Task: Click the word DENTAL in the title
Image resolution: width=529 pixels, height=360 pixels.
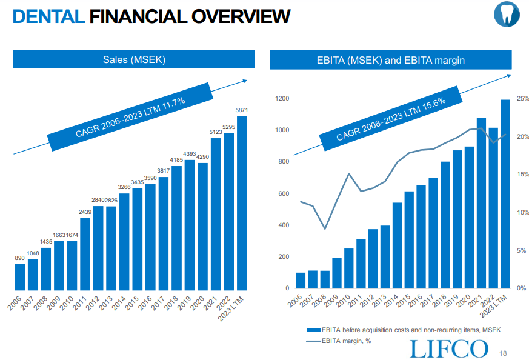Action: click(x=48, y=16)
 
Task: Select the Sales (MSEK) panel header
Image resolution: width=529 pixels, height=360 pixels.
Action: click(x=134, y=59)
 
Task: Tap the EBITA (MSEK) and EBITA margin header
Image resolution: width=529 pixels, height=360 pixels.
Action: click(x=391, y=59)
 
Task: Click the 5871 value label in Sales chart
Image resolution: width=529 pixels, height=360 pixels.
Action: click(x=242, y=110)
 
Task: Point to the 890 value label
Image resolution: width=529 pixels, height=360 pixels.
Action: click(x=19, y=258)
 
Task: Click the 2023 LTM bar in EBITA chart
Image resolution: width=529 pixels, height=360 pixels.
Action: click(x=504, y=194)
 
